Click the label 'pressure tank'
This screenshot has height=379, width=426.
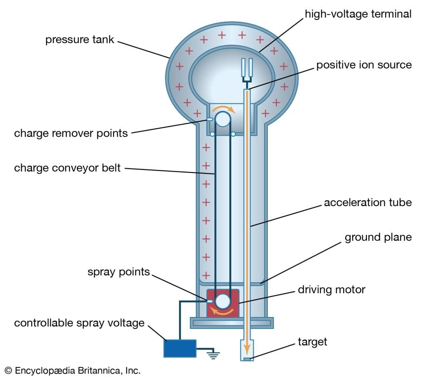(x=79, y=40)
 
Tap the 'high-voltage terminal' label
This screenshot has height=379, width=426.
(x=358, y=14)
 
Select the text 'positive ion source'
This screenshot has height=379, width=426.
(x=364, y=65)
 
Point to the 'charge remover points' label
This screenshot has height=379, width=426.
(x=71, y=133)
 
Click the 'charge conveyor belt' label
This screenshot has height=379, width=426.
(x=67, y=168)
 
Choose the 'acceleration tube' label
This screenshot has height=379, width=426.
(x=367, y=203)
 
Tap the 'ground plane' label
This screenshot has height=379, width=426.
(x=378, y=237)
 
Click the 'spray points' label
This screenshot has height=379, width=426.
(x=118, y=272)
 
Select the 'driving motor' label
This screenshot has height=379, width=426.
(x=331, y=289)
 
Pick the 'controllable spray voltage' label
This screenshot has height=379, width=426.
(x=79, y=323)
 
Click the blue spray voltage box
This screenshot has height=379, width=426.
(x=180, y=348)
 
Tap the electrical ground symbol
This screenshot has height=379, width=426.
(x=214, y=354)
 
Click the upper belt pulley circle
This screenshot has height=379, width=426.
(x=223, y=119)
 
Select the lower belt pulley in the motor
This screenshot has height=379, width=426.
(x=223, y=300)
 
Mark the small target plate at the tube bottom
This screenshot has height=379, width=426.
(x=247, y=359)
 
